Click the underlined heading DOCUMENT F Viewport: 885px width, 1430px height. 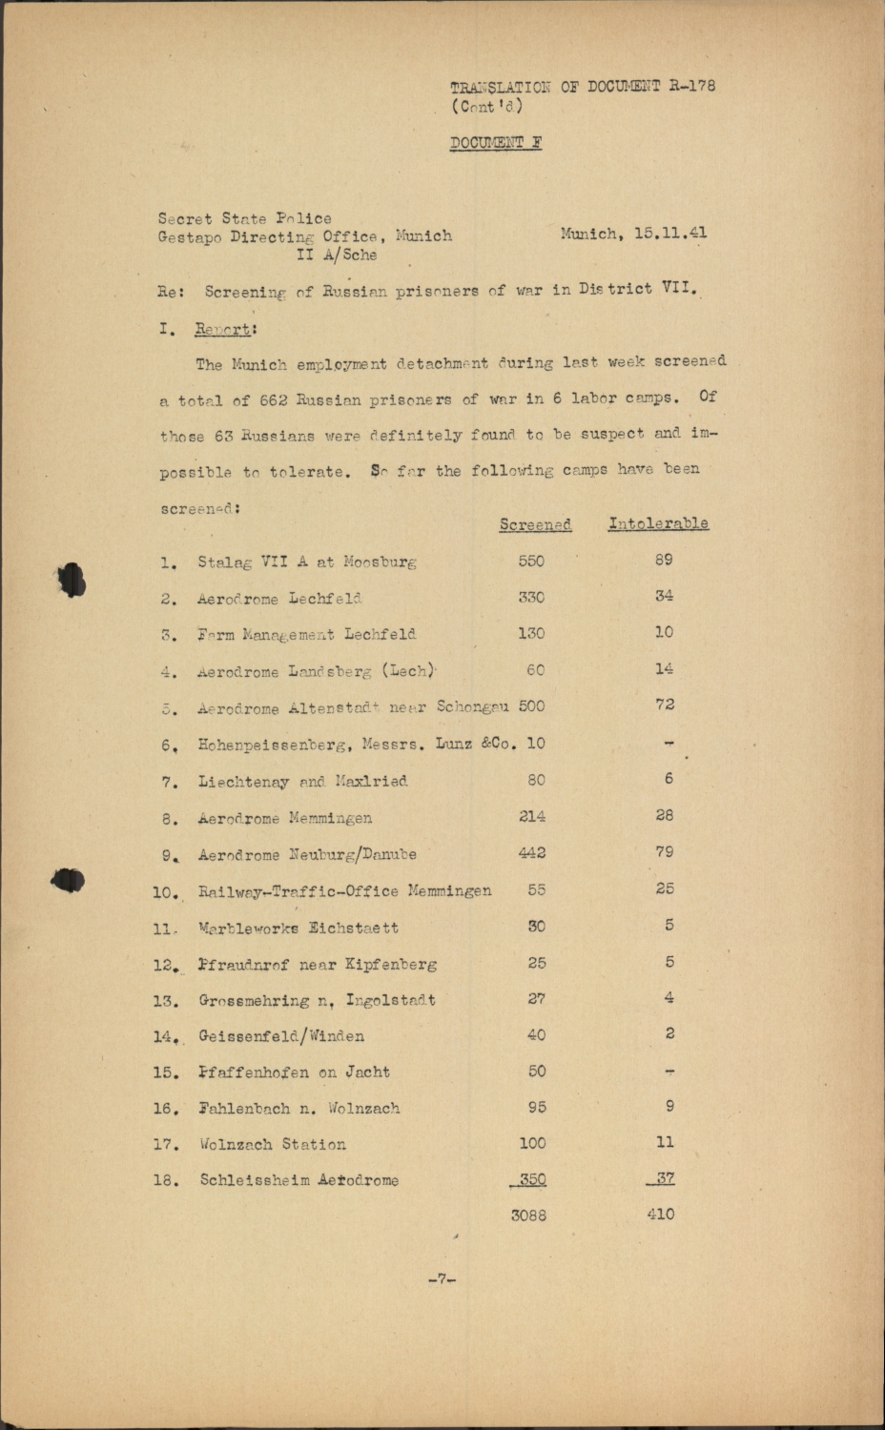(x=496, y=144)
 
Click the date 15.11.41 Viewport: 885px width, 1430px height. (x=670, y=234)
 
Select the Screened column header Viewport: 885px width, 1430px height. (x=535, y=524)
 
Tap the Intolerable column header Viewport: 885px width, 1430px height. (x=658, y=523)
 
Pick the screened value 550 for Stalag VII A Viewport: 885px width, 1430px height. (x=531, y=561)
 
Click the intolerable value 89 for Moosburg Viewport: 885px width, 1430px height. (x=664, y=560)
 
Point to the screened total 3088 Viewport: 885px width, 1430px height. (x=528, y=1215)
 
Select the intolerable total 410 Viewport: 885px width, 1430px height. (x=660, y=1215)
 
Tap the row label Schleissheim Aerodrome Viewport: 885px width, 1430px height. (x=298, y=1180)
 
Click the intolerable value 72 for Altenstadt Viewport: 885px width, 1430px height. (x=666, y=705)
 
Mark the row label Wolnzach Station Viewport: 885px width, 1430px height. (x=273, y=1144)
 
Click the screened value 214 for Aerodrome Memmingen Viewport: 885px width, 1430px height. (x=532, y=816)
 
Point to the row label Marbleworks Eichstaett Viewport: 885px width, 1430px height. (x=298, y=928)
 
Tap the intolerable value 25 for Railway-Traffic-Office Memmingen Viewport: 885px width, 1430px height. (x=665, y=889)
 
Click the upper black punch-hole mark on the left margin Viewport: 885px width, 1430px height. (x=72, y=580)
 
